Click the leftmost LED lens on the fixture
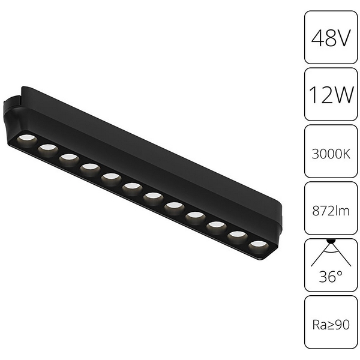26,139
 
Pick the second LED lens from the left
47,148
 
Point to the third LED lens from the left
68,158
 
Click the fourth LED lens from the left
89,167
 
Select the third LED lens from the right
216,226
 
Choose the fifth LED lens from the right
174,206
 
